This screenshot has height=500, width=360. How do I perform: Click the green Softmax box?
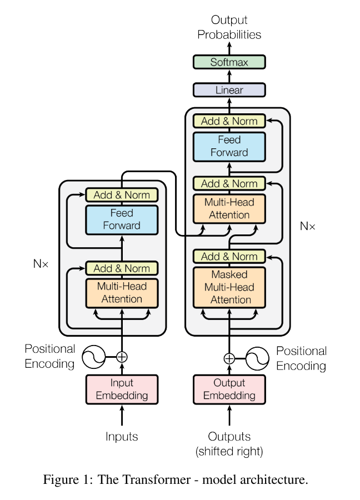[x=229, y=62]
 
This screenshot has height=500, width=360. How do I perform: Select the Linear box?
[x=229, y=90]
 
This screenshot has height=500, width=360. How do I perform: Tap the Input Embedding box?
[x=122, y=389]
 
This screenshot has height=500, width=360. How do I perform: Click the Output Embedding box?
[x=229, y=389]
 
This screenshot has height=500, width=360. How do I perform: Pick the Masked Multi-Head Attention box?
[x=229, y=287]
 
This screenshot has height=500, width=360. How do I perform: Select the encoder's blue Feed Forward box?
[x=122, y=219]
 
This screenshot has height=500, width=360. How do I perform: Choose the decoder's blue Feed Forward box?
[x=229, y=146]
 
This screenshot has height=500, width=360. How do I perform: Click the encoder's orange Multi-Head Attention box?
[x=122, y=293]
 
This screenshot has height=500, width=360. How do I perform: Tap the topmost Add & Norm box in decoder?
[x=229, y=121]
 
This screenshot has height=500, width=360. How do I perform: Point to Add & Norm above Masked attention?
[x=229, y=257]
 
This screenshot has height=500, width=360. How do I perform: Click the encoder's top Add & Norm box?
[x=122, y=195]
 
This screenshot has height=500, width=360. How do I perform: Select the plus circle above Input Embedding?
[x=122, y=357]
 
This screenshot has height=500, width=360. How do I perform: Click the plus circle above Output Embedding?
[x=229, y=358]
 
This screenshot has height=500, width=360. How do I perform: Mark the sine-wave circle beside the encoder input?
[x=94, y=357]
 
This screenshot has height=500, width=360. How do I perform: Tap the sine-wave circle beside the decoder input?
[x=257, y=358]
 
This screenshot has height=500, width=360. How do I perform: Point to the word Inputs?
[x=122, y=437]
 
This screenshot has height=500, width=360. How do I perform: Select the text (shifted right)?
[x=229, y=451]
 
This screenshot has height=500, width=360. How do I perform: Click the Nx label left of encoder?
[x=41, y=264]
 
